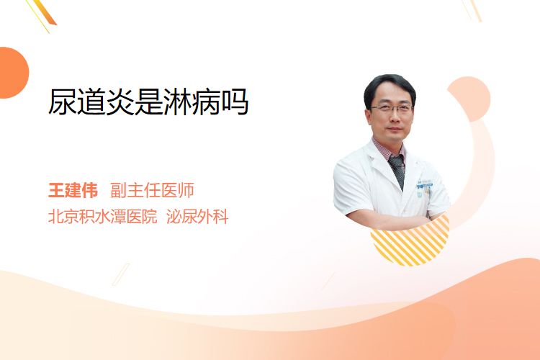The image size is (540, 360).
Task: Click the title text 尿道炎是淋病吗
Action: [148, 102]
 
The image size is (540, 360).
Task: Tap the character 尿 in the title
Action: [63, 102]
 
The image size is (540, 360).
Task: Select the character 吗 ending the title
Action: [235, 102]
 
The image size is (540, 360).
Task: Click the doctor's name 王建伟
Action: [73, 190]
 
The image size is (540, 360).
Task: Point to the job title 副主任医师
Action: [152, 190]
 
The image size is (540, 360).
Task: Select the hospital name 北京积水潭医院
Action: [102, 216]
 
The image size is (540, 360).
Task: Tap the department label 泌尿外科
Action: [197, 216]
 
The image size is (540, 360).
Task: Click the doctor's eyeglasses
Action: [392, 109]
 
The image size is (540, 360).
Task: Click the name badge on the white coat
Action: [424, 184]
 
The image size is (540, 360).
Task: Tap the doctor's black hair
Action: [390, 86]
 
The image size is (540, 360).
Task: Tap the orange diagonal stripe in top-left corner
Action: [45, 12]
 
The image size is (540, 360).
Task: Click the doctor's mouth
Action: [395, 130]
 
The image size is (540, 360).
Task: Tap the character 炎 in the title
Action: [120, 102]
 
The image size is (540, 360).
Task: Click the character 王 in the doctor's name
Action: [56, 190]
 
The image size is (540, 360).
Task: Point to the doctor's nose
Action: [395, 118]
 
